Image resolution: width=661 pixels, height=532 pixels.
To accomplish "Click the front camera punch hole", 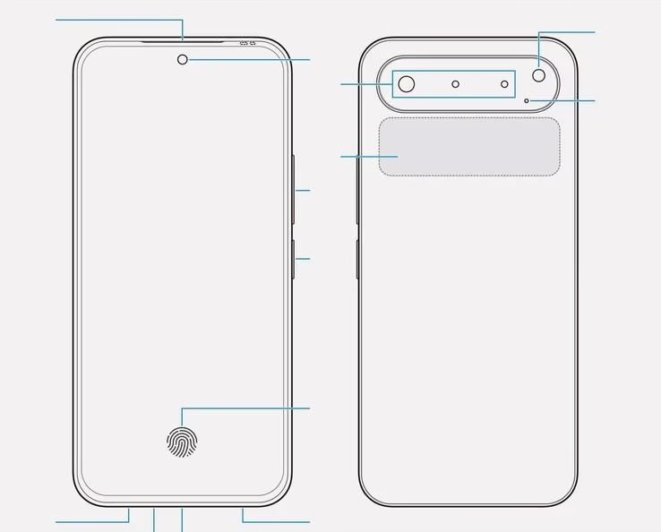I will pos(183,59).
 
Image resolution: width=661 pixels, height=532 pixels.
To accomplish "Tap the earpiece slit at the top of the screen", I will pos(183,40).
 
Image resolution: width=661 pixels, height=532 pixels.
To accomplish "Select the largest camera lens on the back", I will pos(407,84).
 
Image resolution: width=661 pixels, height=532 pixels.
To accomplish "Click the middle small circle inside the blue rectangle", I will pos(456,84).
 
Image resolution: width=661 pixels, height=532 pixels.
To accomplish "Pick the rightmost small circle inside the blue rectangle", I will pos(504,84).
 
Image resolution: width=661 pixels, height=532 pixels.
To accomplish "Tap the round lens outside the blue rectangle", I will pos(539,75).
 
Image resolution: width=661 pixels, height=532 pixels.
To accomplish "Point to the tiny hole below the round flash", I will pos(527,99).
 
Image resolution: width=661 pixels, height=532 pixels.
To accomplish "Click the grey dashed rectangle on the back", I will pos(468,147).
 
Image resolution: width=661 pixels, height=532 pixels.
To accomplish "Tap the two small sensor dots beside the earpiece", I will pos(248,43).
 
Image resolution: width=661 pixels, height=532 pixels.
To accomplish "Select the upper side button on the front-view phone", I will pos(293,190).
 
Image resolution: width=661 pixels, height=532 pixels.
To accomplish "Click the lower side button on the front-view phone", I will pos(293,259).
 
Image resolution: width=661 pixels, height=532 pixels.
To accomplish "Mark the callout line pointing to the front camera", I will pos(251,60).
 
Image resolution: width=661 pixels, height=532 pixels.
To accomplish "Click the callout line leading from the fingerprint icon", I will pos(251,408).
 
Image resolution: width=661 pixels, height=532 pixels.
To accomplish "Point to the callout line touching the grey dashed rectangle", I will pos(358,158).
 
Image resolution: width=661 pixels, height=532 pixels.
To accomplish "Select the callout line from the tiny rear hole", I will pos(564,100).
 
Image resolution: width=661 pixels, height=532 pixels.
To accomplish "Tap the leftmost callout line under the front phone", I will pos(90,520).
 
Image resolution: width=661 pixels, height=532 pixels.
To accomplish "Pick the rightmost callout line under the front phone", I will pos(278,520).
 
